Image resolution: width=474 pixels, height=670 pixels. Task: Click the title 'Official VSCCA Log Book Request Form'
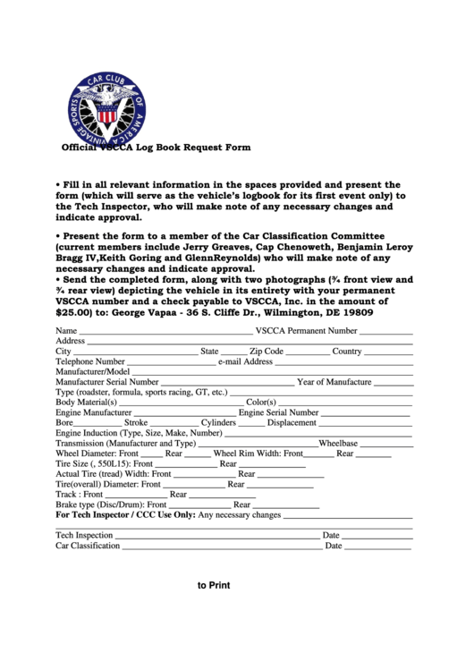tap(155, 147)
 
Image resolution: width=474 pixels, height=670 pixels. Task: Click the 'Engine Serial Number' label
tap(278, 412)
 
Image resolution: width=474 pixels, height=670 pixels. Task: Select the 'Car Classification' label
tap(88, 546)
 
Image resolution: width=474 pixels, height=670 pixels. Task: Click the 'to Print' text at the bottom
tap(214, 586)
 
